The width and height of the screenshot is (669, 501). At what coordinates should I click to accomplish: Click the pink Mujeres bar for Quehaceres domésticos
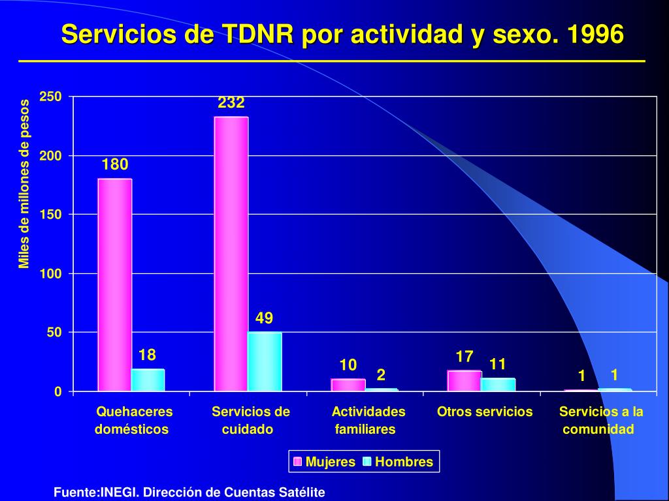pos(114,285)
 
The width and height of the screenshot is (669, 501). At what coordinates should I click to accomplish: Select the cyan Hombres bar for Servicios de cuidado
pos(264,361)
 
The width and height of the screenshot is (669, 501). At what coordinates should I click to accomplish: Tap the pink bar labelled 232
pos(231,254)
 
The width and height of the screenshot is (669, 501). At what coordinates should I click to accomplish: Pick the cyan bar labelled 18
pos(148,380)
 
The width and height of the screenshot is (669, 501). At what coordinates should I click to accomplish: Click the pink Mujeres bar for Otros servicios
pos(465,381)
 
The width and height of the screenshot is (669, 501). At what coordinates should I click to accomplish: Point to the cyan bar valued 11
pos(498,384)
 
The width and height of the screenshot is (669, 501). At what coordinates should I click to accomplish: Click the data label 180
pos(115,164)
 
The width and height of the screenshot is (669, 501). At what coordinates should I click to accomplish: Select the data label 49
pos(264,318)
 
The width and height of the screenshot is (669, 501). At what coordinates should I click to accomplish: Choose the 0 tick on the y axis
pos(57,391)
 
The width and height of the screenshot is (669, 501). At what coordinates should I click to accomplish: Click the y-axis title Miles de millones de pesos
pos(25,184)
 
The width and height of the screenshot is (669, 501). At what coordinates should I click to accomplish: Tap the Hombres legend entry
pos(398,463)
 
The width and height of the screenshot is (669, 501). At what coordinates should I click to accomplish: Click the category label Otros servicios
pos(485,412)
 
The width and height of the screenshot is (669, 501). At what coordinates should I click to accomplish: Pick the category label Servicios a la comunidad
pos(600,420)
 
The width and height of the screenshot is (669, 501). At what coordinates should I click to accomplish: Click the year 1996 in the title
pos(596,34)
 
